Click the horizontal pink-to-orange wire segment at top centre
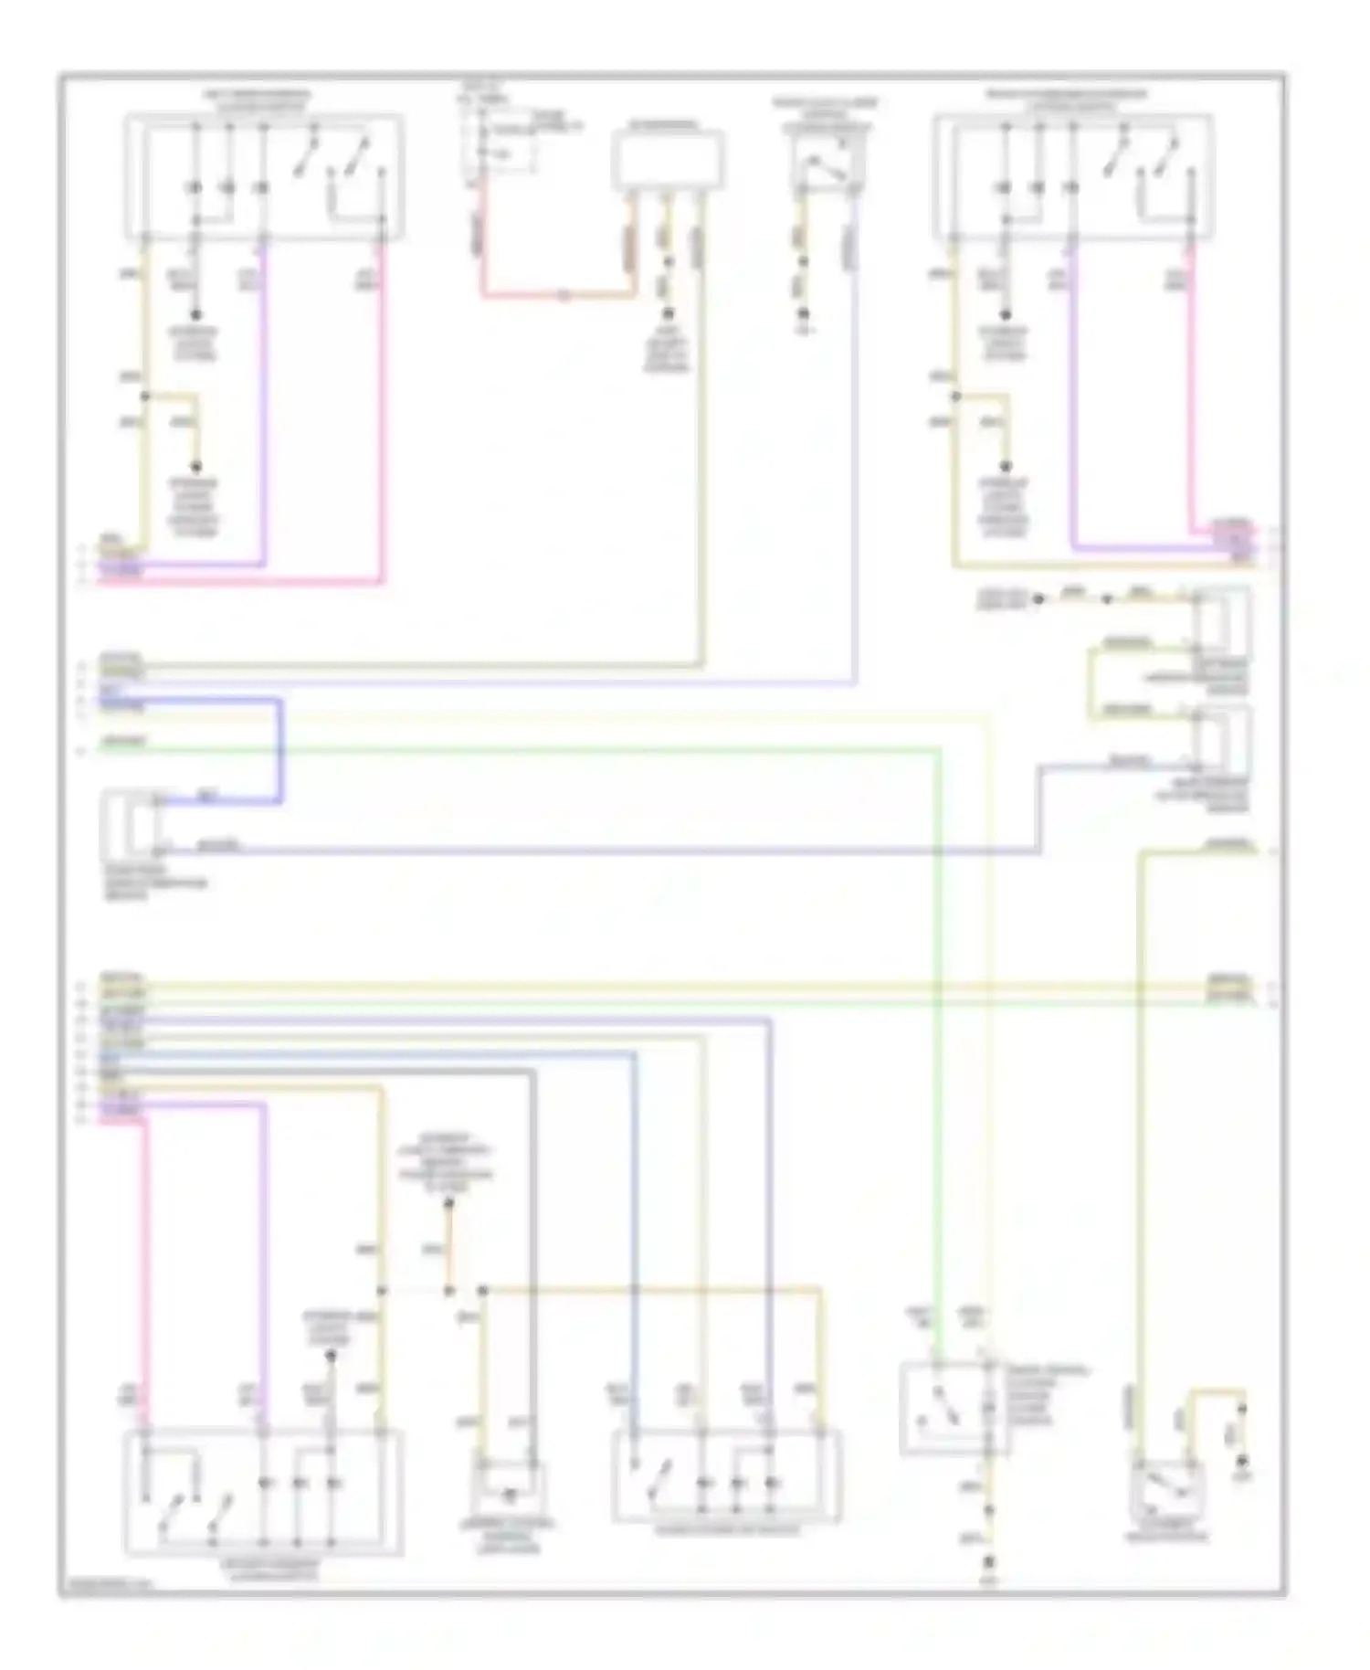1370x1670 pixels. coord(557,297)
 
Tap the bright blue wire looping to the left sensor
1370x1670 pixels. coord(279,749)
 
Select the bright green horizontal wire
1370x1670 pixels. coord(511,749)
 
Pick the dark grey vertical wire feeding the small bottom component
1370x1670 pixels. coord(532,1261)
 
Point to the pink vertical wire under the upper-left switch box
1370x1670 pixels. coord(383,411)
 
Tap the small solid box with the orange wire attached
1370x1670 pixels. coord(667,159)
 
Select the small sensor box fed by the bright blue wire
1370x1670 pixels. coord(133,823)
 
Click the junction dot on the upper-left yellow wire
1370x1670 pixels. coord(143,396)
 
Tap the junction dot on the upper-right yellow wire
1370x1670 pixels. coord(954,396)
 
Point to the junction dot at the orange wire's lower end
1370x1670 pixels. coord(448,1291)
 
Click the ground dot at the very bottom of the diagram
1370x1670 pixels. coord(987,1563)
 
